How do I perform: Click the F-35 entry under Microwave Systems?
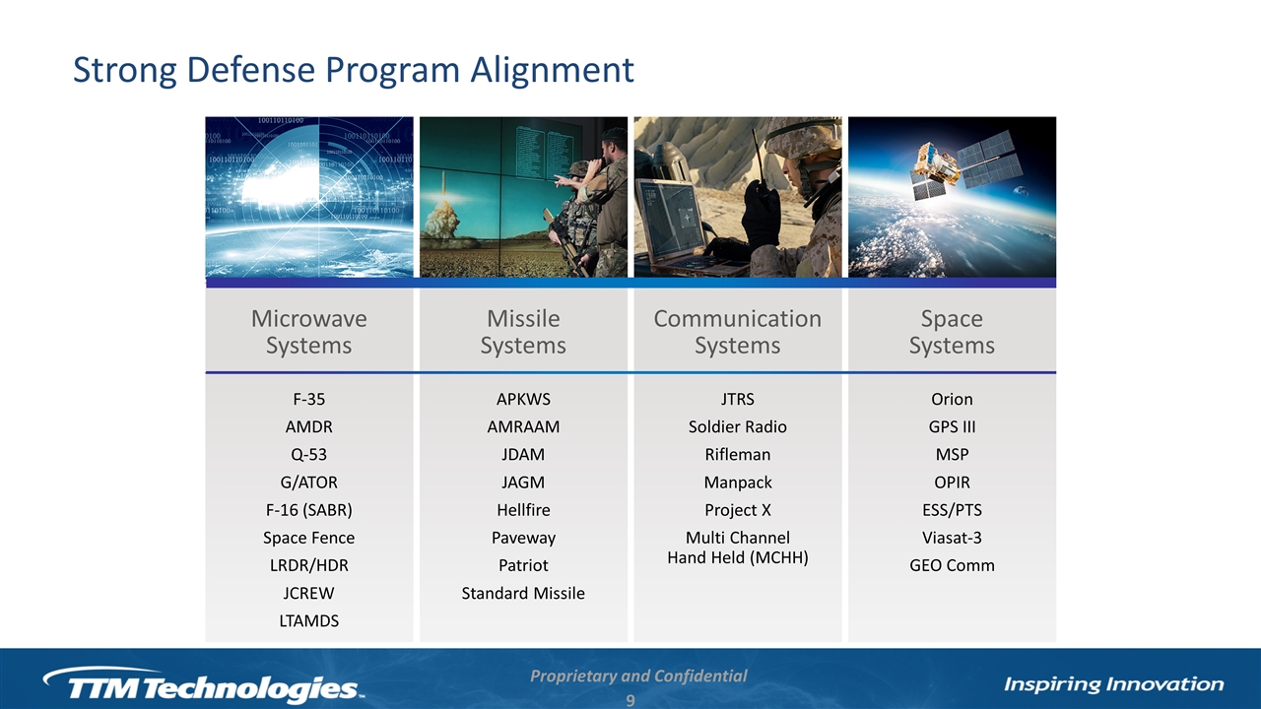click(309, 399)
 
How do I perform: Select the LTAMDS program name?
click(309, 620)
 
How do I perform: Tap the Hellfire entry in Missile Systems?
click(523, 510)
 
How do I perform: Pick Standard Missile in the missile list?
click(523, 593)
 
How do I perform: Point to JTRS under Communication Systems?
click(738, 399)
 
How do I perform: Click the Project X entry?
click(738, 510)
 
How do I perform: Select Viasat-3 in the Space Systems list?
click(952, 538)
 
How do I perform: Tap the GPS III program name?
click(952, 426)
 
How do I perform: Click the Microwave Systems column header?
click(309, 332)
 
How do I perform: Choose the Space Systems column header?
click(952, 332)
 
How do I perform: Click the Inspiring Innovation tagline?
click(1114, 684)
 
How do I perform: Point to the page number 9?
click(630, 701)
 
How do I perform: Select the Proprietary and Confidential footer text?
click(638, 676)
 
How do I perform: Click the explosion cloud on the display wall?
click(444, 220)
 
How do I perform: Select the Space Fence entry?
click(309, 538)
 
